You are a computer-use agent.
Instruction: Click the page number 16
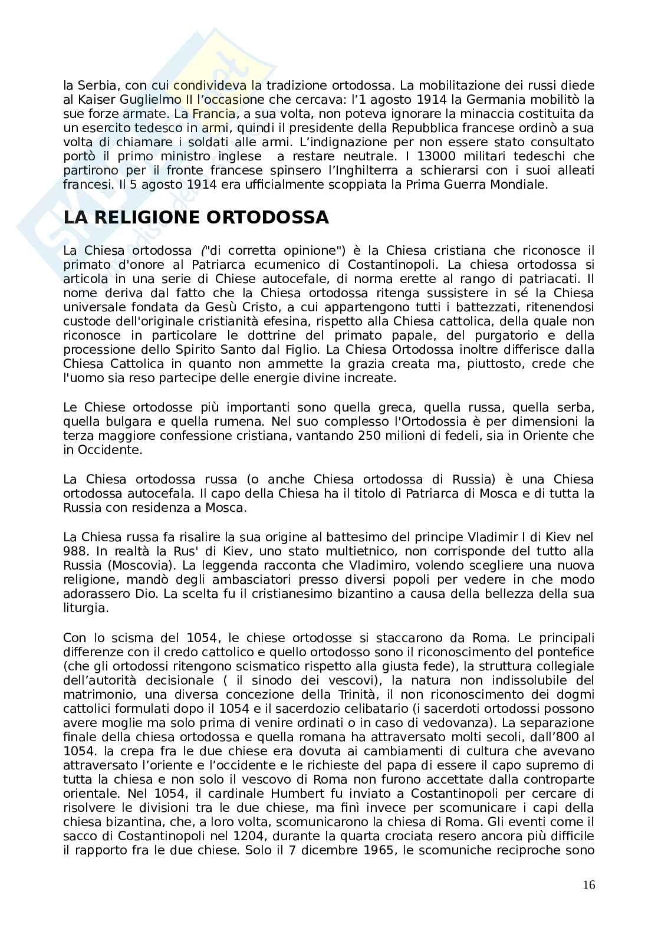pyautogui.click(x=588, y=884)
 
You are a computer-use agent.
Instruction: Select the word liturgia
pyautogui.click(x=85, y=608)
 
